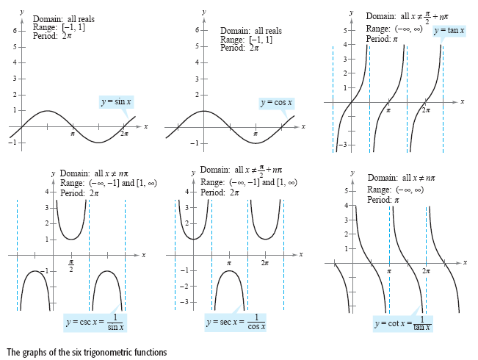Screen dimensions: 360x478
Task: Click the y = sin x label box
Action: [117, 102]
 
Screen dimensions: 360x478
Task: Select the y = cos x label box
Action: [277, 102]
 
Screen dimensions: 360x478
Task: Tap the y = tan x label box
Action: [448, 32]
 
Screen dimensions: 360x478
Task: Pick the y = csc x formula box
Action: [95, 322]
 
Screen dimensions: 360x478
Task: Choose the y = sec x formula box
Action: [236, 321]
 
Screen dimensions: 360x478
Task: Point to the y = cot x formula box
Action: [403, 323]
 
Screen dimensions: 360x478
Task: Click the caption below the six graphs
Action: [87, 352]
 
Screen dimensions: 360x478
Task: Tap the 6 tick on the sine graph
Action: [14, 31]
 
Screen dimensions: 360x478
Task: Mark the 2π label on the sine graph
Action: [124, 134]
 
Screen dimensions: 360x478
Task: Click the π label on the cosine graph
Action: [255, 134]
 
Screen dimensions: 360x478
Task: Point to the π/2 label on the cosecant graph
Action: [71, 264]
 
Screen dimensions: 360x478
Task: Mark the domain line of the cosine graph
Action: [250, 31]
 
